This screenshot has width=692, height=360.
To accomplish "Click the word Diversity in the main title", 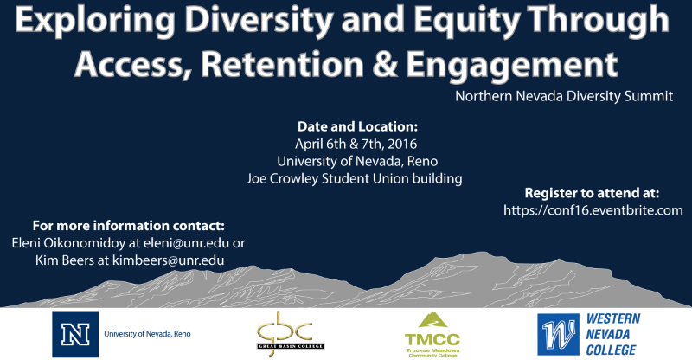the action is coord(259,20).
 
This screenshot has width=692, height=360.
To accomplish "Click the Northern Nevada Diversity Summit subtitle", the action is coord(564,96).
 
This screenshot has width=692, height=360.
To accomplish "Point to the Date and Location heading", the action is coord(357,126).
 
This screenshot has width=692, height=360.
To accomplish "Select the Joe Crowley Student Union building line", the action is coord(355,179).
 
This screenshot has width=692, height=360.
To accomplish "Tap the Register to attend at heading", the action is coord(592,193).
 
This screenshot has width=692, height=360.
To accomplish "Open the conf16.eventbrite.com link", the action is coord(593,210).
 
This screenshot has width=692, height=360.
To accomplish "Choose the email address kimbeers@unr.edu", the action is coord(168,260).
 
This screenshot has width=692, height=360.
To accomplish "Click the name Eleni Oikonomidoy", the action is coord(68,243).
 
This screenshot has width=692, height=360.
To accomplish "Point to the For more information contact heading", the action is coord(128,226).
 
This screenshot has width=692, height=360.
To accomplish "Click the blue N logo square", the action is coord(75,334).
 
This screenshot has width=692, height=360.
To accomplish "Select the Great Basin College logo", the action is coord(291,334).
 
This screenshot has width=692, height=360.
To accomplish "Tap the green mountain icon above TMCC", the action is coord(433,319).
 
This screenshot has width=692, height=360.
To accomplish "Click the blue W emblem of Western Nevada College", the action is coord(558,334).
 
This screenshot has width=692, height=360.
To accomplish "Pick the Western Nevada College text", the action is coord(612,334).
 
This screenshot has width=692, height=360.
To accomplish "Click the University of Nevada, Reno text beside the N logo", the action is coord(147,334).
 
